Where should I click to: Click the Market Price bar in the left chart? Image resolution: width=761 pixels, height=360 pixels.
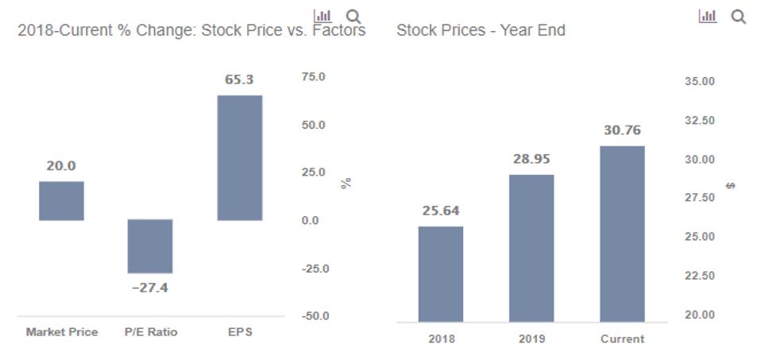61,200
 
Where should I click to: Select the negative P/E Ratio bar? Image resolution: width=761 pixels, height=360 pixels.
150,246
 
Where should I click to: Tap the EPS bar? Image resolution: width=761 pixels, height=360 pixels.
239,157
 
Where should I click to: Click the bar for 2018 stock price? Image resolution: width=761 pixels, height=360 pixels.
441,273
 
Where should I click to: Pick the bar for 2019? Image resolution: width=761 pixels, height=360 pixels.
531,248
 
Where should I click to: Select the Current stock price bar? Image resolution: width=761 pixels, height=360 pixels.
622,234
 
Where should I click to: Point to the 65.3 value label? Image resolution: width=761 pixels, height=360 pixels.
239,80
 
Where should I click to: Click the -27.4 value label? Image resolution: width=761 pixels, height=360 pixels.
150,288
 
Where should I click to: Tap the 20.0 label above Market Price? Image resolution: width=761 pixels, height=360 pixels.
61,166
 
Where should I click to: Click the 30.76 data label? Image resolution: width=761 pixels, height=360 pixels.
622,130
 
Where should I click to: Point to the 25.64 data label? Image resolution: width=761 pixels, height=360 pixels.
441,211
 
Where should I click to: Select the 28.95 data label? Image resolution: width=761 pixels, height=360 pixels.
531,159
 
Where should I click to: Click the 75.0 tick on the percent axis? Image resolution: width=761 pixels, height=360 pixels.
313,77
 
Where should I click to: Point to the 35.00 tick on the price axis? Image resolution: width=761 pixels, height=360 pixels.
698,81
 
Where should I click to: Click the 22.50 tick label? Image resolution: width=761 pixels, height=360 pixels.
698,276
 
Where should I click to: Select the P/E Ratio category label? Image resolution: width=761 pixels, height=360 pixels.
150,332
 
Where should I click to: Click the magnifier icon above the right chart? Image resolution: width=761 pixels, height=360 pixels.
738,17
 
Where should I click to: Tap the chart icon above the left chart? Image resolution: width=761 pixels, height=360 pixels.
323,15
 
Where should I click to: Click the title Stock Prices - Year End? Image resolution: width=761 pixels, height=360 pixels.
481,31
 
